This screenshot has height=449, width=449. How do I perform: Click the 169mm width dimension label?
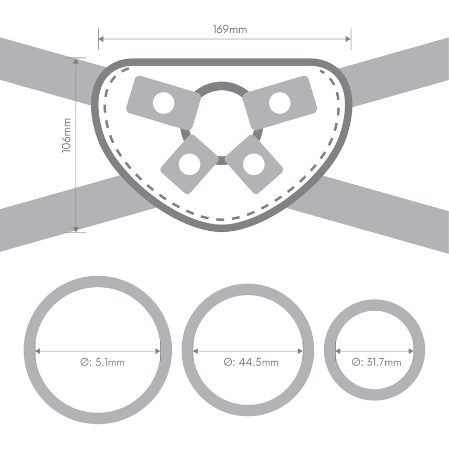click(230, 29)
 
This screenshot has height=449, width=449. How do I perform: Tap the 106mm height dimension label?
click(66, 135)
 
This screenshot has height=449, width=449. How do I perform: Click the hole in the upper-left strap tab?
click(163, 103)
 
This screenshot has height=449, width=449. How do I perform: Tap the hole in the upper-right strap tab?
click(279, 102)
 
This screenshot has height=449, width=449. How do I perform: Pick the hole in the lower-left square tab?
click(189, 164)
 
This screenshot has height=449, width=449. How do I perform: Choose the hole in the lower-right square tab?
click(253, 164)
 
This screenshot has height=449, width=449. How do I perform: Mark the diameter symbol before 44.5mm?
click(228, 362)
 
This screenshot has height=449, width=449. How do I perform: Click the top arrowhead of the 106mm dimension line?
click(76, 61)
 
